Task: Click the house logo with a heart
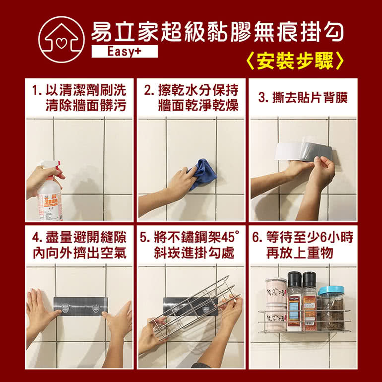62,40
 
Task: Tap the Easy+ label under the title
125,52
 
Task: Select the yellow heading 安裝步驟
295,61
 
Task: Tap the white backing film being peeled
289,151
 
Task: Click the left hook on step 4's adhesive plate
65,308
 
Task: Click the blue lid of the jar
331,290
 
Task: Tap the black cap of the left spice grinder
295,279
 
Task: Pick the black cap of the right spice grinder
309,279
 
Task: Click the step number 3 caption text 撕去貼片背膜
310,97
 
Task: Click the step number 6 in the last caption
256,237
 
